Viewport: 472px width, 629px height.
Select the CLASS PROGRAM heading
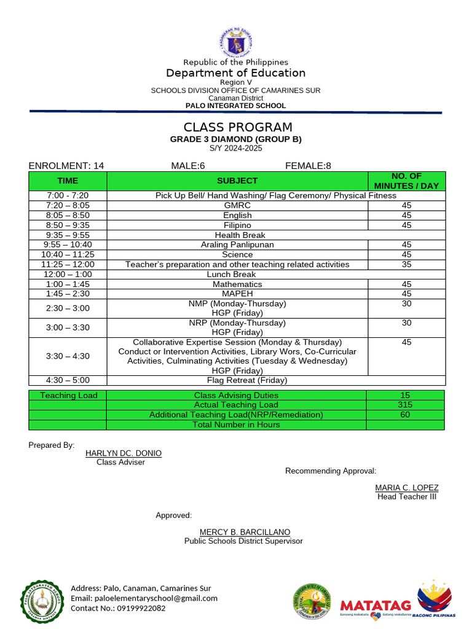coord(236,127)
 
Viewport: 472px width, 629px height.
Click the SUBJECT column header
coord(237,181)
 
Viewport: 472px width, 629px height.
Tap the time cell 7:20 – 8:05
coord(68,205)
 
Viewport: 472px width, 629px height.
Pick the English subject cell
coord(237,215)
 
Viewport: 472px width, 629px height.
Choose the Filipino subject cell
coord(237,225)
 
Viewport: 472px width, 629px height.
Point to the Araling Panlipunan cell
coord(237,244)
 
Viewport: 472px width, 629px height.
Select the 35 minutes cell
coord(406,264)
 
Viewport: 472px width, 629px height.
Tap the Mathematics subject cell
coord(237,284)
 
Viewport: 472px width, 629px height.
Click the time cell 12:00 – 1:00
coord(68,275)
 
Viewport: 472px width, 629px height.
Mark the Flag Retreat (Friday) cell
coord(237,380)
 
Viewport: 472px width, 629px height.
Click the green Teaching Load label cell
coord(68,396)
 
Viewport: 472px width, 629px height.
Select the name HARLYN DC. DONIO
coord(124,453)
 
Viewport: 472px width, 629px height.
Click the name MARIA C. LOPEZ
coord(407,488)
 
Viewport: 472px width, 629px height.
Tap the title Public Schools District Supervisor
coord(243,541)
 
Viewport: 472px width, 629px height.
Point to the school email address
coord(144,598)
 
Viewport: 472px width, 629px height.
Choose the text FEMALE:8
coord(308,165)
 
